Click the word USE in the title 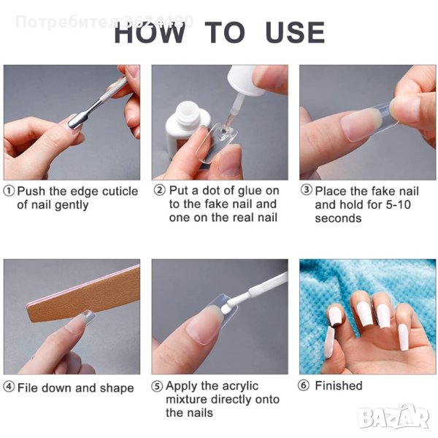295,32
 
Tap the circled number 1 9,191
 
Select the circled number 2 159,191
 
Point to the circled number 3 306,190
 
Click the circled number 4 9,387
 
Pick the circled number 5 157,386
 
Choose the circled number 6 304,385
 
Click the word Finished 339,385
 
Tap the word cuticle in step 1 120,191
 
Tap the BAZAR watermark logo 394,418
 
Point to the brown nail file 84,296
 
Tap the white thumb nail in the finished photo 329,342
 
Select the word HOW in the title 150,32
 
